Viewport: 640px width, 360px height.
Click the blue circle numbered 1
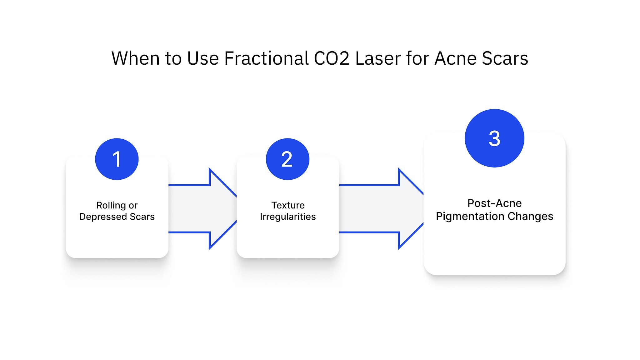(x=117, y=159)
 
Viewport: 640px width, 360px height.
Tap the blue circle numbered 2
(x=287, y=159)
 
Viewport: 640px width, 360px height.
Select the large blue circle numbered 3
(x=494, y=138)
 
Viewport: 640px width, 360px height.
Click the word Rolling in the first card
(x=111, y=205)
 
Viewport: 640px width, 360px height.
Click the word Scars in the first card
(x=142, y=217)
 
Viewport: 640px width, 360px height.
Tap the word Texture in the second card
(x=288, y=205)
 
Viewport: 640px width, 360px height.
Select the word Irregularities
(x=288, y=217)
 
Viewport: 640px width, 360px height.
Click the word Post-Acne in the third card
(x=494, y=203)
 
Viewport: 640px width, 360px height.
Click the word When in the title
(x=136, y=58)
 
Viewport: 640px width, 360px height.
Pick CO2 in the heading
(x=331, y=58)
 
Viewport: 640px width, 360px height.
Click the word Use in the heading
(x=203, y=58)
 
